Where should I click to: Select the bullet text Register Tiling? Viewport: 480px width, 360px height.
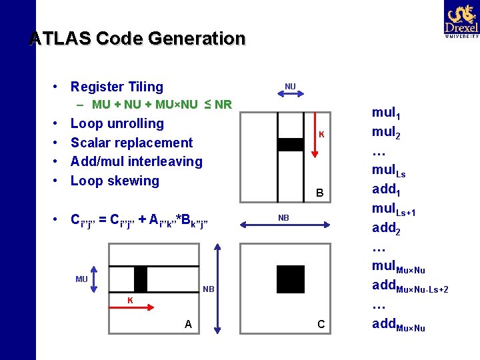point(117,87)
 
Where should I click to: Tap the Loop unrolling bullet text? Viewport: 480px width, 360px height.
point(117,123)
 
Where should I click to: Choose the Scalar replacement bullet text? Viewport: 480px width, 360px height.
point(131,143)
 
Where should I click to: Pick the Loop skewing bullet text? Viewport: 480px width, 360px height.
point(115,181)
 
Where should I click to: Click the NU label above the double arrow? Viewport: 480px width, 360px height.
point(290,87)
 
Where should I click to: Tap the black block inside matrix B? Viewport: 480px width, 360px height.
point(290,145)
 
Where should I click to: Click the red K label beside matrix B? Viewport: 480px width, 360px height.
point(321,135)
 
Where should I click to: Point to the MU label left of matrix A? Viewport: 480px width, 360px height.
point(81,279)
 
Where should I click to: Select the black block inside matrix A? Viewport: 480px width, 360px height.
point(140,279)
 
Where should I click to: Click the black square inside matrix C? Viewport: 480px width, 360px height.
point(290,279)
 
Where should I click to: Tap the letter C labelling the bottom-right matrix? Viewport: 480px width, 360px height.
point(321,325)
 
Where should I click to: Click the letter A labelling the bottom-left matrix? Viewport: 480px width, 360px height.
point(189,325)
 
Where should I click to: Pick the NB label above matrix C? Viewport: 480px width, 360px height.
point(283,219)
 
